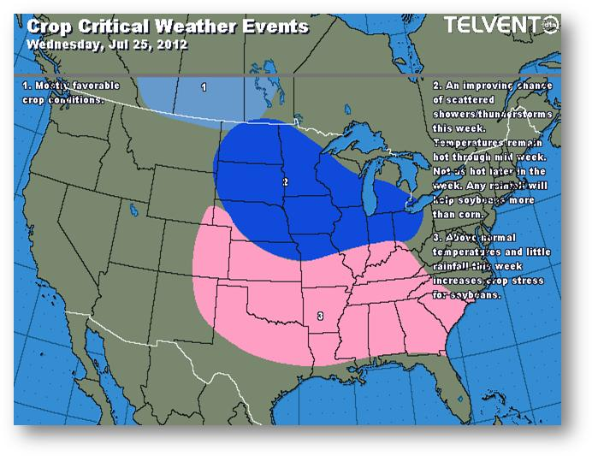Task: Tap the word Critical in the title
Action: click(x=119, y=27)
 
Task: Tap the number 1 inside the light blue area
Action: click(x=204, y=87)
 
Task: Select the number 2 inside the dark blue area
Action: click(x=285, y=181)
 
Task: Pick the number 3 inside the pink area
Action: click(x=320, y=317)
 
